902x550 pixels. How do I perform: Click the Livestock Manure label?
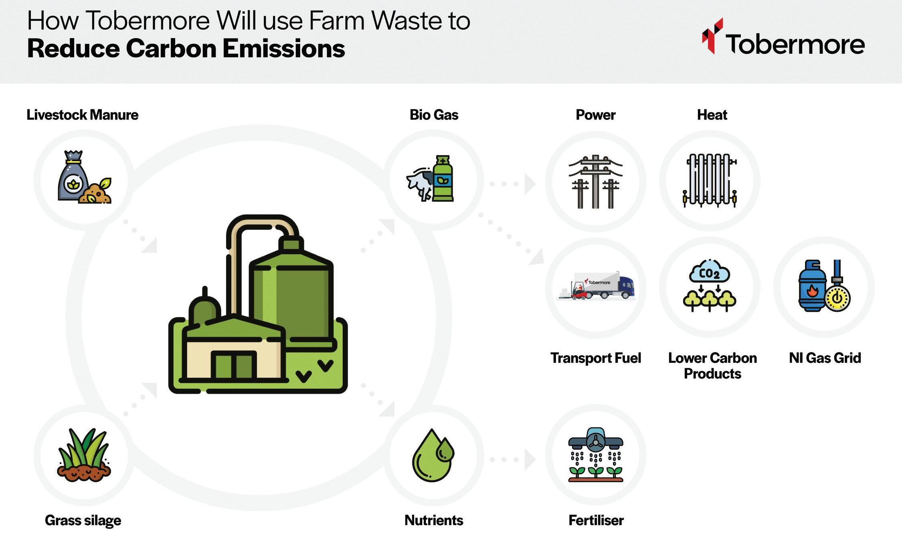[x=82, y=115]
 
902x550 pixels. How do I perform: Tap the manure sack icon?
[x=72, y=176]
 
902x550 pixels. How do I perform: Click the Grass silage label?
[x=83, y=520]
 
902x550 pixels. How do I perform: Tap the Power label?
[x=595, y=115]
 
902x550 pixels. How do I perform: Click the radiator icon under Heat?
[x=710, y=180]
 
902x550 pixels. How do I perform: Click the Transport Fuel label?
[x=596, y=358]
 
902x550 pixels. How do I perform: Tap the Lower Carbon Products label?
[x=712, y=366]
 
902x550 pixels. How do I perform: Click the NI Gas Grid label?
[x=825, y=358]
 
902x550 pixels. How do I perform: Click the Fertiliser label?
[x=596, y=520]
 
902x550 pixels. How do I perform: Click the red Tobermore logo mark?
[x=712, y=36]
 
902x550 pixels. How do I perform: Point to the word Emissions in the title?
[x=283, y=49]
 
